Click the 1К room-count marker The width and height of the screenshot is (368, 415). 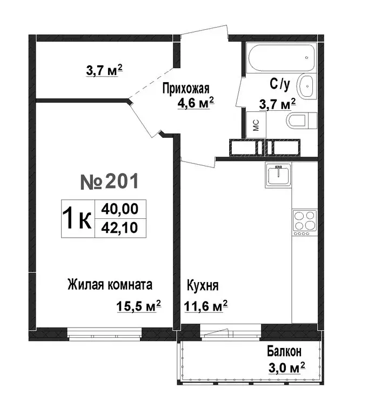77,218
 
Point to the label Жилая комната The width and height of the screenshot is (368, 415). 110,285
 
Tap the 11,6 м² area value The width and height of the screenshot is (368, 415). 205,306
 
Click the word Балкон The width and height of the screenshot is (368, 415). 284,352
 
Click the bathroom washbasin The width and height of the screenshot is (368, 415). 306,85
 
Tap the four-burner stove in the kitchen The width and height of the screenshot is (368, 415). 304,222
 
